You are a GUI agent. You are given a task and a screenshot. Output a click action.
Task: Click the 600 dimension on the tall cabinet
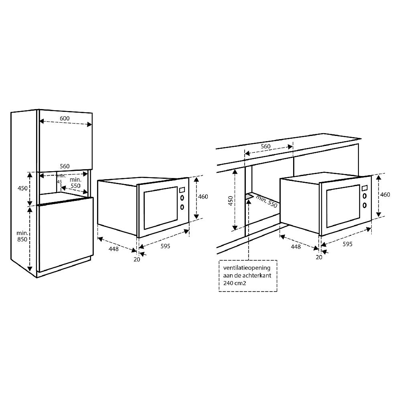click(65, 118)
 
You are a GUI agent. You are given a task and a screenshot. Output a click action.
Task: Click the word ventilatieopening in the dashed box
click(247, 267)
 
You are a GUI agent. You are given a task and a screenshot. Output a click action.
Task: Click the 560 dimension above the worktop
click(265, 146)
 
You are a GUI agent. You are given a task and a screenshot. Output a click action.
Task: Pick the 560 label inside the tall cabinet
click(65, 166)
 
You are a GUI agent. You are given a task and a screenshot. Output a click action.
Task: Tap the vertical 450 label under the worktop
click(231, 200)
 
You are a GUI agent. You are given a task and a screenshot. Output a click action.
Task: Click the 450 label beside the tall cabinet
click(22, 188)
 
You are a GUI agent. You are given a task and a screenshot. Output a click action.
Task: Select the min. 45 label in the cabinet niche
click(61, 179)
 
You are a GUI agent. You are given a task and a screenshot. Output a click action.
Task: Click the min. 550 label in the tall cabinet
click(75, 183)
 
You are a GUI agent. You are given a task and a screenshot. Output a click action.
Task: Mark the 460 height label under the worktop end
click(385, 194)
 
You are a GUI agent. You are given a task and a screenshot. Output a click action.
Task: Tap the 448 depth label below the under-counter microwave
click(296, 247)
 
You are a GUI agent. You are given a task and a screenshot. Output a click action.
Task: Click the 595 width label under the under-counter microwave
click(347, 244)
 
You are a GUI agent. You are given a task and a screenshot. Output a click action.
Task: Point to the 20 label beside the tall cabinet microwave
click(137, 259)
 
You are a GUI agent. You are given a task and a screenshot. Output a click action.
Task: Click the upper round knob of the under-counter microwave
click(365, 196)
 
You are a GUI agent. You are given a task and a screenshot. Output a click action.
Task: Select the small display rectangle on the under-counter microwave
click(365, 188)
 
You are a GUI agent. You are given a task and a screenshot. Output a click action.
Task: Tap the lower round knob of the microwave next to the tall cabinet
click(182, 207)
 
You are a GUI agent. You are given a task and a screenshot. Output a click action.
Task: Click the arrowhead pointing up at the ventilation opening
click(249, 201)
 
